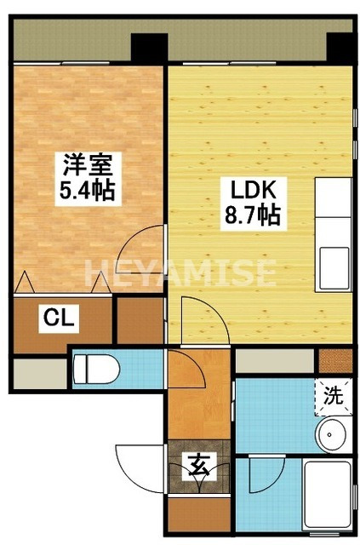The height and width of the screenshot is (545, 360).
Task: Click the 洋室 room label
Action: pyautogui.click(x=84, y=163)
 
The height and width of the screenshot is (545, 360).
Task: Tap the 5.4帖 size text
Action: pyautogui.click(x=85, y=189)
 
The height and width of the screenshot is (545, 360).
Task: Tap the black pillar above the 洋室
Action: pyautogui.click(x=147, y=47)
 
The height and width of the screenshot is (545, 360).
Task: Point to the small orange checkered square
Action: pyautogui.click(x=341, y=359)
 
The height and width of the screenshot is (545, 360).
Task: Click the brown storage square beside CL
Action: pyautogui.click(x=139, y=319)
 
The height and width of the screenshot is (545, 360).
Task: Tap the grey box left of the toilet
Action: pyautogui.click(x=39, y=370)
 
